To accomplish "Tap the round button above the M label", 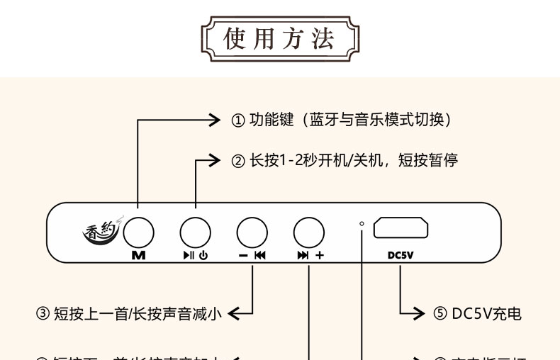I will tap(138, 232).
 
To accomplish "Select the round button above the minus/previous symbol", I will tap(252, 232).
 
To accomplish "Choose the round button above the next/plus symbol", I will tap(309, 232).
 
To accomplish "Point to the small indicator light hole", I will tap(362, 224).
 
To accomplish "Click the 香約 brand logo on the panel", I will tap(100, 231).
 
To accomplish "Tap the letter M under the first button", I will tap(138, 256).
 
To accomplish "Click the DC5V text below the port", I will tap(401, 256).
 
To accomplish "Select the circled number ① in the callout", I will tap(238, 120).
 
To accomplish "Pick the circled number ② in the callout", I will tap(238, 161).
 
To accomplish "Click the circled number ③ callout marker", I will tap(43, 313).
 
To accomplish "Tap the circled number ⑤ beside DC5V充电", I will tap(439, 313).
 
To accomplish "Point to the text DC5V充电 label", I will tap(486, 313).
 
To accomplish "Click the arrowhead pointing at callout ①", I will tap(215, 120).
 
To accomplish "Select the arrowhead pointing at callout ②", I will tap(215, 160).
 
